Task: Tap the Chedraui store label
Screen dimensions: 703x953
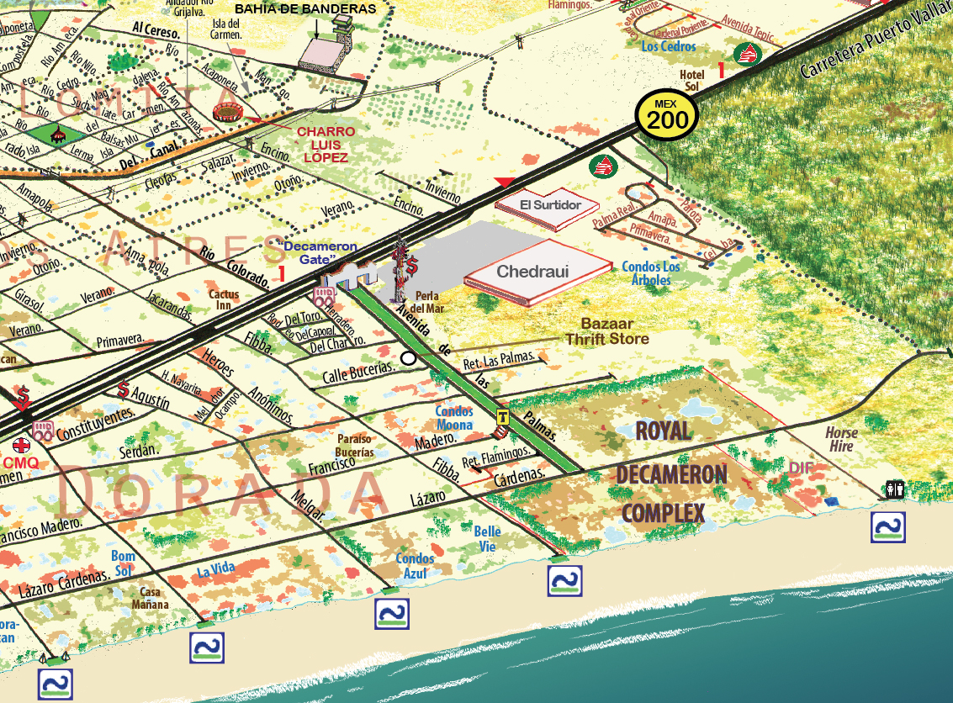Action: [532, 272]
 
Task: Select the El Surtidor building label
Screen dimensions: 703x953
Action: [550, 205]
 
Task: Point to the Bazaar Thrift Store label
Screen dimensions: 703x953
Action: [606, 331]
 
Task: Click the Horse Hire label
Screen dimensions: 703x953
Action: [841, 440]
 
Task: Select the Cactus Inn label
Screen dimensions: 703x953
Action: [225, 301]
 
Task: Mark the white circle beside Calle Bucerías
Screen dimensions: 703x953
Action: [409, 358]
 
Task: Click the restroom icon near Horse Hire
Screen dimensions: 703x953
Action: [894, 489]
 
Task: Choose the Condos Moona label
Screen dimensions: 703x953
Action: [453, 418]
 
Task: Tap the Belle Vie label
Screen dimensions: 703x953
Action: [487, 538]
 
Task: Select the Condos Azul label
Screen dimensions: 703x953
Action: [415, 566]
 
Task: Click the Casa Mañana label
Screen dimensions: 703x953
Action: [154, 598]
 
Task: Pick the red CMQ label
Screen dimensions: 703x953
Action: [20, 462]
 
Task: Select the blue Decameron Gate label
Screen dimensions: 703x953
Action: [320, 253]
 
